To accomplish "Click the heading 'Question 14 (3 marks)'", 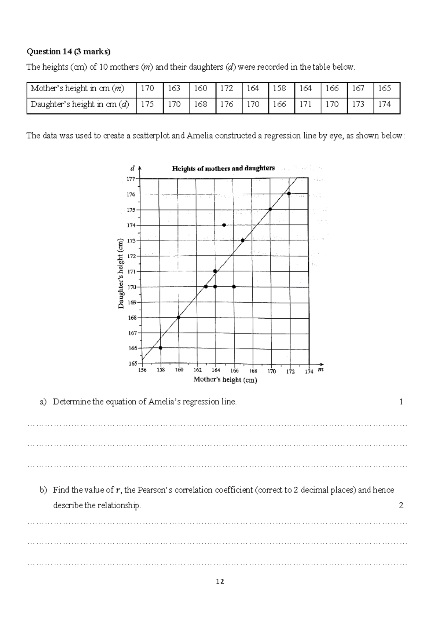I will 68,52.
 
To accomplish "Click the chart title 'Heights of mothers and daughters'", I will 223,168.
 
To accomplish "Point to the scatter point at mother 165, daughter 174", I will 224,225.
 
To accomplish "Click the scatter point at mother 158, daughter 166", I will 160,348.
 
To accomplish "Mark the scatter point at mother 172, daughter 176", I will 289,193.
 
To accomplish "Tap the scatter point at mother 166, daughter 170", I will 234,287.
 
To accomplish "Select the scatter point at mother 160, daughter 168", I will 179,317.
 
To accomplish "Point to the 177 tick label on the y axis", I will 131,179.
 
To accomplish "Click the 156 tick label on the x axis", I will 142,370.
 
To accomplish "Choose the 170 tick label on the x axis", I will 271,371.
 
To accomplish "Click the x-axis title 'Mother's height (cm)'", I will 225,380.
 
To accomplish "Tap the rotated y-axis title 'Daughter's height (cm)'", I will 121,274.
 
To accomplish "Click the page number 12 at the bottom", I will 220,582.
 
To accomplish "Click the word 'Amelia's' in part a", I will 164,402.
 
